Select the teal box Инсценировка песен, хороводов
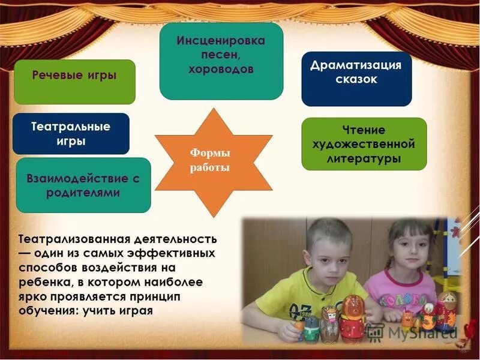tap(221, 61)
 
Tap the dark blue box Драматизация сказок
tap(356, 79)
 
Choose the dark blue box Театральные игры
tap(71, 134)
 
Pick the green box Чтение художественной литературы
tap(364, 144)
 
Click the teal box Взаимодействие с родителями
tap(83, 185)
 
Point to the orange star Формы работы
tap(210, 161)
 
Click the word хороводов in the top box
tap(221, 69)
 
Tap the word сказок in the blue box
tap(356, 79)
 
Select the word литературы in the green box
tap(364, 159)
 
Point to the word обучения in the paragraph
tap(46, 311)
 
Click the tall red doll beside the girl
tap(445, 311)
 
